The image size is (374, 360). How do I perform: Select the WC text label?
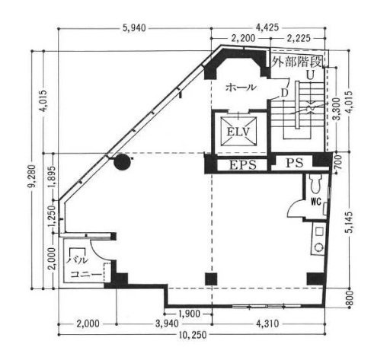314,203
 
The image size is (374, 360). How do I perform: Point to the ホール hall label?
240,88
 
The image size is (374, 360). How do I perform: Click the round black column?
120,161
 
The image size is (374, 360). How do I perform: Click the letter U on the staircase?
311,76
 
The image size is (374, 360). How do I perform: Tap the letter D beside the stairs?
283,93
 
